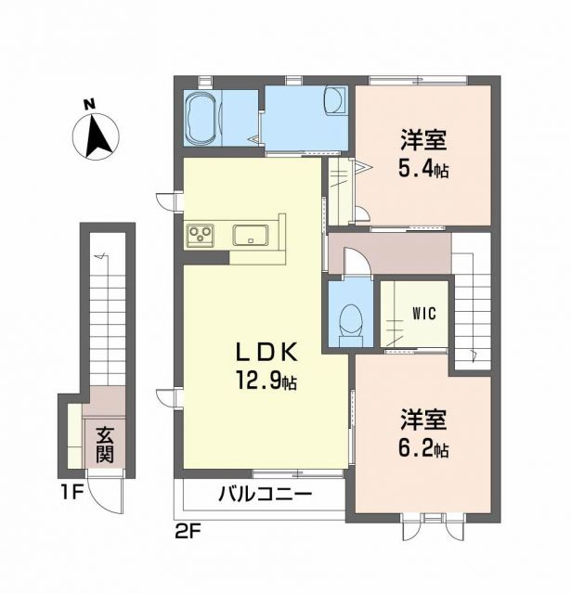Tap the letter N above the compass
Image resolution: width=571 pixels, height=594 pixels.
click(88, 104)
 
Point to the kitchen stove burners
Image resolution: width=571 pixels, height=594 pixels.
click(201, 236)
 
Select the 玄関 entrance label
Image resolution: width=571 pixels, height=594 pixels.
click(102, 444)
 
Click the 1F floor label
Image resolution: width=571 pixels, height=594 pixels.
click(72, 492)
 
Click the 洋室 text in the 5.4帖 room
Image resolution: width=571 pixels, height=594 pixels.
click(424, 141)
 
